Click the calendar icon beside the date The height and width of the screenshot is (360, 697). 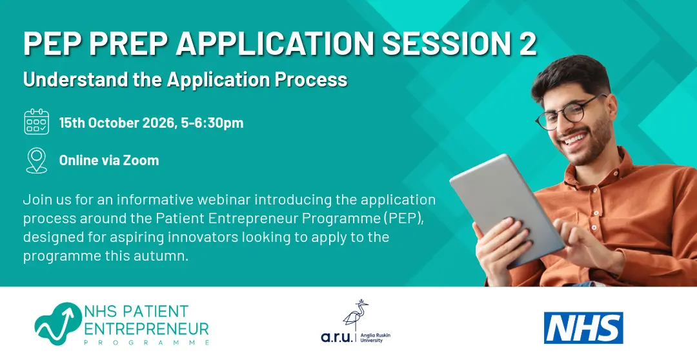pyautogui.click(x=36, y=122)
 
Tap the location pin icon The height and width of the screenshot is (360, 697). pyautogui.click(x=36, y=161)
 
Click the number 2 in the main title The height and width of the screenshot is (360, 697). pyautogui.click(x=528, y=44)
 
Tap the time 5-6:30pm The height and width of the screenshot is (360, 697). pyautogui.click(x=212, y=123)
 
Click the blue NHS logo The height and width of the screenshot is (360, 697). pyautogui.click(x=583, y=328)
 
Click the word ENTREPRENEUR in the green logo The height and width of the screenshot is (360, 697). pyautogui.click(x=146, y=328)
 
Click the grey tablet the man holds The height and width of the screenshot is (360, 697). pyautogui.click(x=507, y=209)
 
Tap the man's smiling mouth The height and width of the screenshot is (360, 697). pyautogui.click(x=576, y=139)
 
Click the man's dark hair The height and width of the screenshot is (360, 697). pyautogui.click(x=572, y=75)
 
